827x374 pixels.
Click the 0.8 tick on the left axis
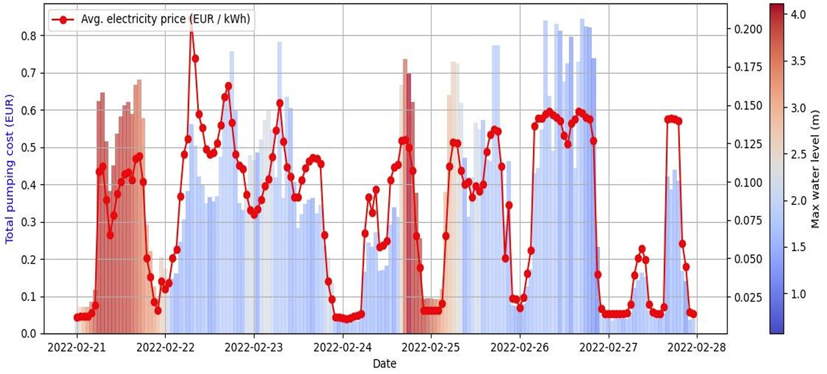click(29, 36)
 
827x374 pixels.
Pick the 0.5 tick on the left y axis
click(29, 148)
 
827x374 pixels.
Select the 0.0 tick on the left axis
click(29, 334)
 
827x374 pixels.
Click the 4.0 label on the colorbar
click(798, 14)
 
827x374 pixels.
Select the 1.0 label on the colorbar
click(798, 294)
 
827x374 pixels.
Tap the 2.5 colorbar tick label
click(798, 154)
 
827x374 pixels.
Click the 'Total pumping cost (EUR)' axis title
click(10, 176)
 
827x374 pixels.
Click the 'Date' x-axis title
click(384, 364)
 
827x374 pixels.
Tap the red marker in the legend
click(63, 20)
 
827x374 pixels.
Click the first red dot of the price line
click(77, 317)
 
